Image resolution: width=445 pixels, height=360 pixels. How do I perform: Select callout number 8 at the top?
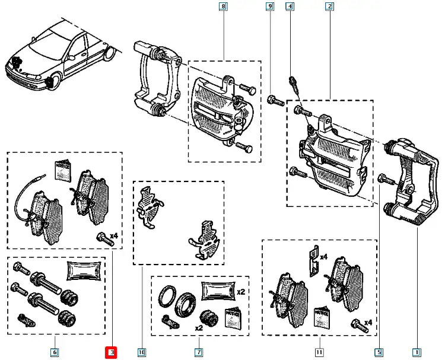[x=223, y=7]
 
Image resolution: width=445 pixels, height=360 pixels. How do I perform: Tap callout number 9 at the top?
[x=270, y=7]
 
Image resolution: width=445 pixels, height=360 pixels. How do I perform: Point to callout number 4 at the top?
[x=290, y=7]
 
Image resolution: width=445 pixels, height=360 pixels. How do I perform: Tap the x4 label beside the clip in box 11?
[x=324, y=257]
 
